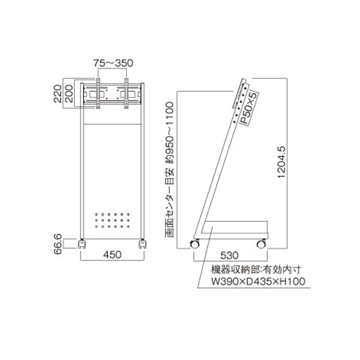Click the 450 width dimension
(112, 255)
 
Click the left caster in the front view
(83, 243)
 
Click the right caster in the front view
(142, 243)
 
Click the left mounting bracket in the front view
(96, 94)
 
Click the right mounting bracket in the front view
(127, 94)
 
